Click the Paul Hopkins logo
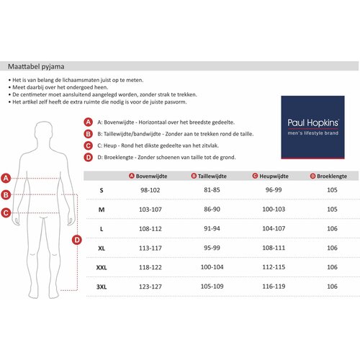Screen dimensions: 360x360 (x=312, y=127)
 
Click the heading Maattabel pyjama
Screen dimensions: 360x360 (x=36, y=66)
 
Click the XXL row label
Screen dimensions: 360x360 (x=102, y=267)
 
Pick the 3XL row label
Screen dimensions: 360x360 (x=102, y=287)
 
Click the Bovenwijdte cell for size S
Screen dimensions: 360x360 (x=150, y=190)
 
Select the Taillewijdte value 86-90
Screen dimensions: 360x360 (x=212, y=210)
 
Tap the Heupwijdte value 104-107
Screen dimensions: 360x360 (x=274, y=228)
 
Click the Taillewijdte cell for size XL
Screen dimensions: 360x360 (x=212, y=248)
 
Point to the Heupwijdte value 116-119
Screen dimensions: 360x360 (x=274, y=287)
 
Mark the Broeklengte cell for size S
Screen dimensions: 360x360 (x=332, y=190)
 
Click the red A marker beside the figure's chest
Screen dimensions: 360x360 (x=6, y=179)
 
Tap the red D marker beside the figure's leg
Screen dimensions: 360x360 (x=77, y=240)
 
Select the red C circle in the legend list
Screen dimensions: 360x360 (x=89, y=145)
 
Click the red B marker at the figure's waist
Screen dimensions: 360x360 (x=6, y=194)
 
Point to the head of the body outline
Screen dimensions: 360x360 (x=43, y=132)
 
